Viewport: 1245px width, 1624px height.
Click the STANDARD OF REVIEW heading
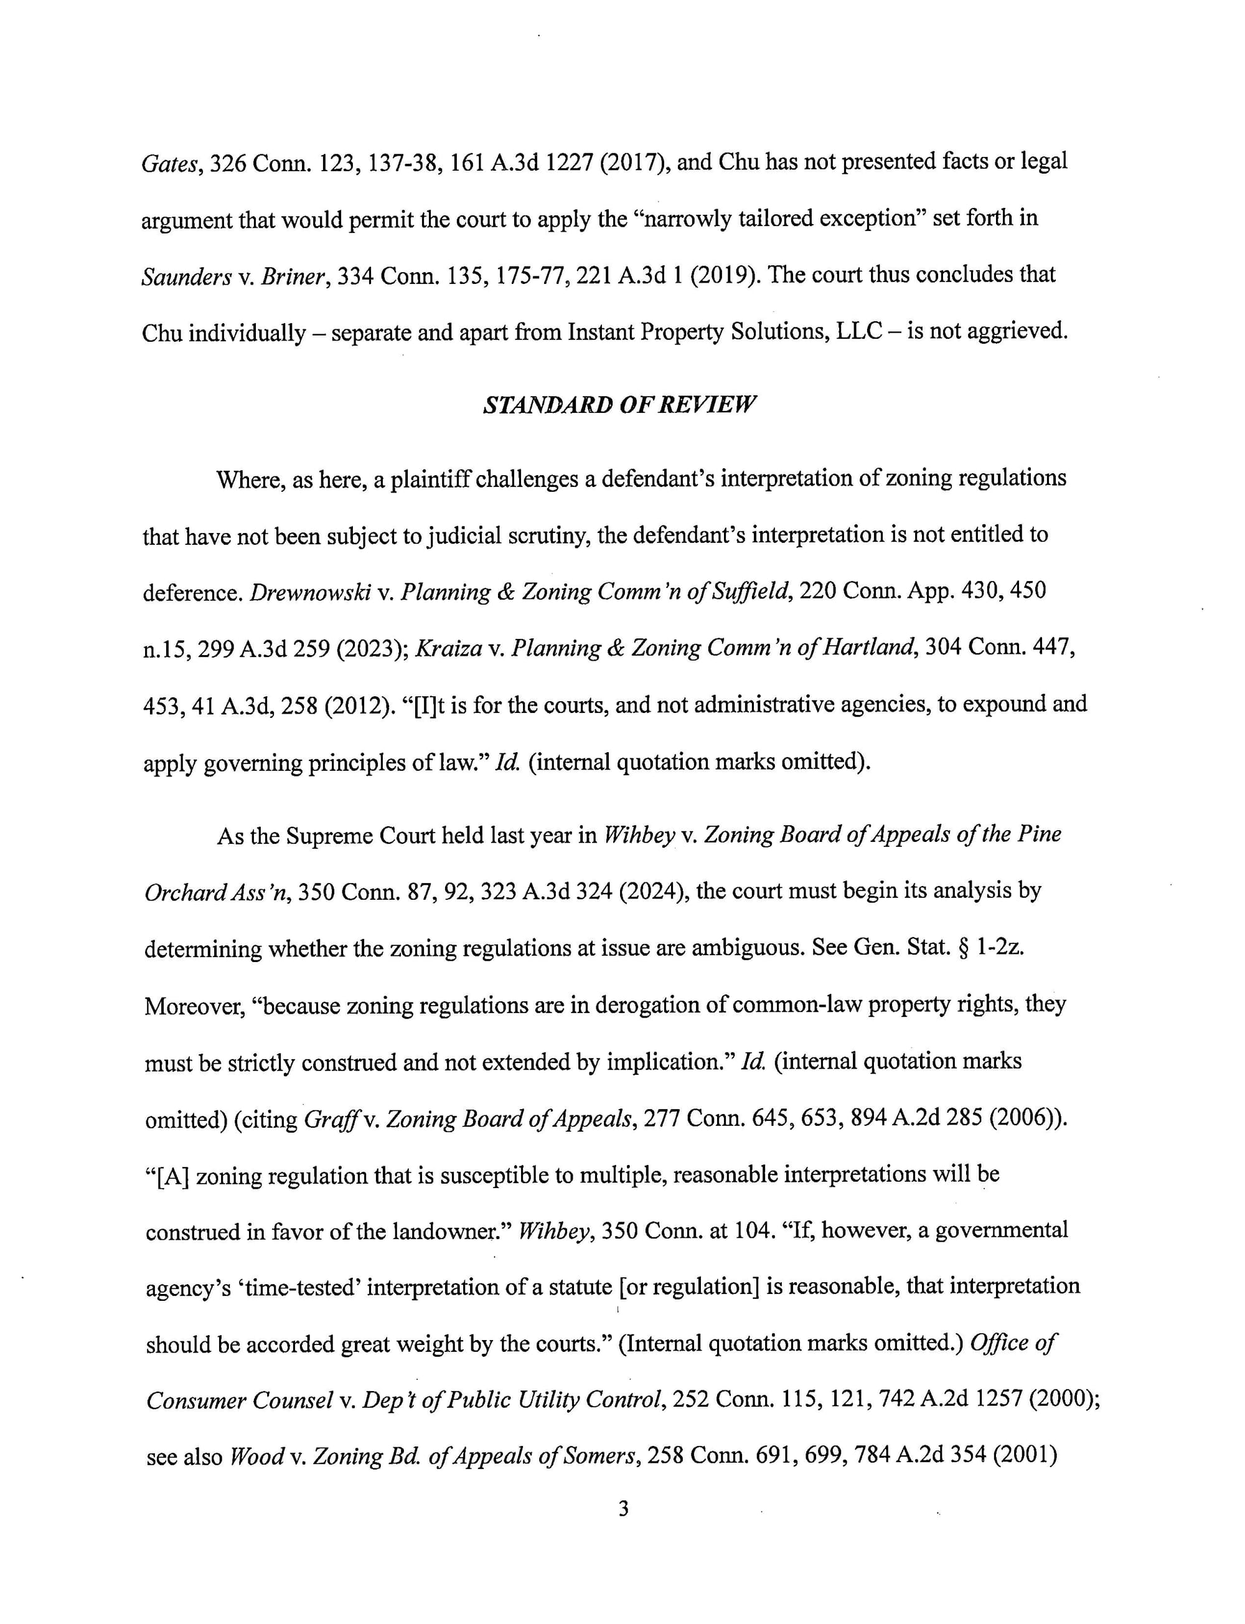pyautogui.click(x=619, y=405)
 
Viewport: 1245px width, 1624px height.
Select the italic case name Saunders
pyautogui.click(x=186, y=276)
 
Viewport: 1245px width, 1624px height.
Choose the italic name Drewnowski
pyautogui.click(x=311, y=592)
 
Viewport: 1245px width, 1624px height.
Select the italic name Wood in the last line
pyautogui.click(x=256, y=1456)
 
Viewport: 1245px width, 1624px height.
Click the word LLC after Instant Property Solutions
pyautogui.click(x=859, y=332)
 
